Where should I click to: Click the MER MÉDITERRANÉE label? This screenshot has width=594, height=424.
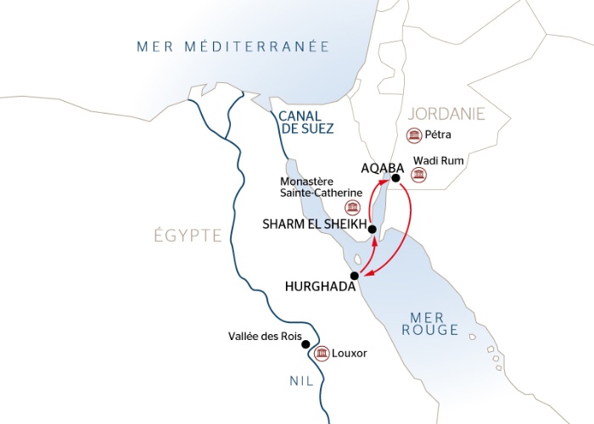[233, 46]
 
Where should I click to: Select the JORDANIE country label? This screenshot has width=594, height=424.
[445, 113]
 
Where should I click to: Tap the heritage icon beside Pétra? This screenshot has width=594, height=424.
[414, 136]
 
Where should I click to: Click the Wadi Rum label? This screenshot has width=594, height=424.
[433, 159]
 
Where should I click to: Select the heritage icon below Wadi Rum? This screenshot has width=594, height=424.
[417, 175]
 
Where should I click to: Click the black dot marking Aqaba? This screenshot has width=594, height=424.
[395, 178]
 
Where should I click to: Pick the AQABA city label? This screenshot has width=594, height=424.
[380, 167]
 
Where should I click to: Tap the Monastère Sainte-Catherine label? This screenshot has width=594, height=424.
[324, 187]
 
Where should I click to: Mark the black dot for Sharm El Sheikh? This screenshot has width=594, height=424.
[372, 228]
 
